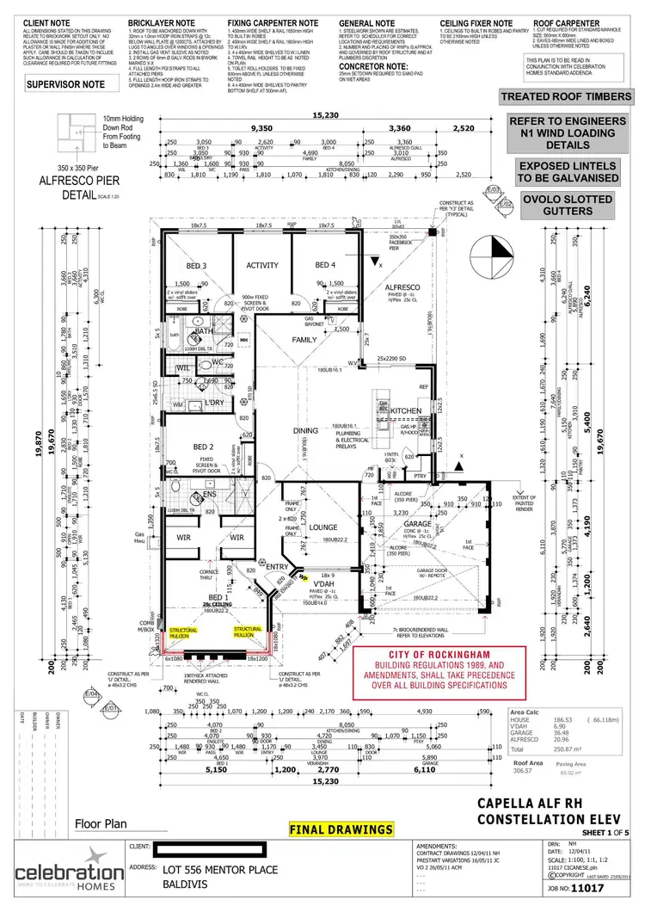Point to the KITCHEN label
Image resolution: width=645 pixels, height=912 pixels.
pyautogui.click(x=405, y=412)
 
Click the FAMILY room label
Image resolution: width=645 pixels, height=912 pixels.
pyautogui.click(x=304, y=341)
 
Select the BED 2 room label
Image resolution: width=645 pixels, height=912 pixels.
pyautogui.click(x=203, y=447)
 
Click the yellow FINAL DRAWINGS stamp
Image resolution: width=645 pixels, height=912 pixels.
pyautogui.click(x=342, y=830)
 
